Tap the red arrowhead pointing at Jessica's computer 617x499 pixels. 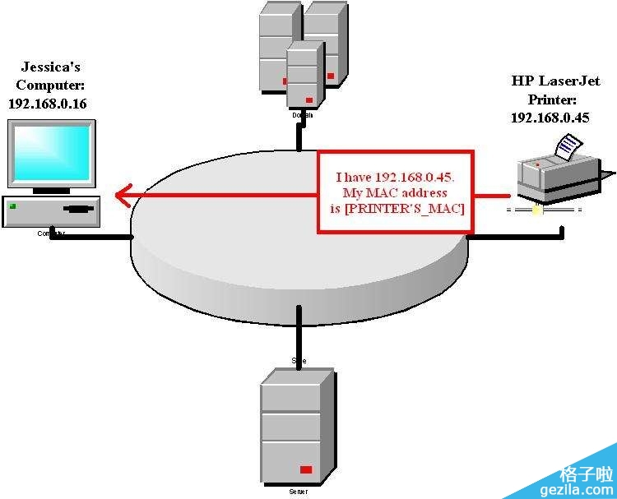[x=122, y=196]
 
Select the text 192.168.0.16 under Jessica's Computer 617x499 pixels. [x=47, y=104]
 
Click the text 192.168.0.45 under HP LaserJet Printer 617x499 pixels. [x=550, y=118]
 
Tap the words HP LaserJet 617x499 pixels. [x=555, y=81]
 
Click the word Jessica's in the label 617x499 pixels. [x=51, y=67]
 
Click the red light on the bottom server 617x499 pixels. [x=306, y=469]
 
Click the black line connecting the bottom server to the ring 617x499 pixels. [x=299, y=332]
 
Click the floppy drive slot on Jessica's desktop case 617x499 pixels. [x=78, y=209]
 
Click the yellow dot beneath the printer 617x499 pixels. [x=536, y=210]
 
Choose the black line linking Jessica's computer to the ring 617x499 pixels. [x=90, y=237]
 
